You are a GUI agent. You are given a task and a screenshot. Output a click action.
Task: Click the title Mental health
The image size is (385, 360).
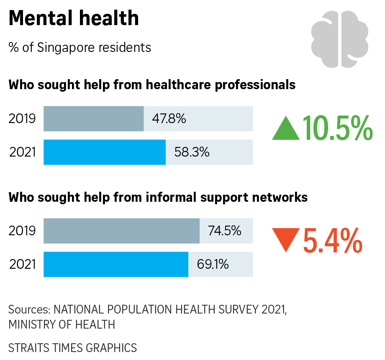point(74,18)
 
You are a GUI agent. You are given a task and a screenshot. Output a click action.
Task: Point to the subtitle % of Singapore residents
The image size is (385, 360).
point(80,47)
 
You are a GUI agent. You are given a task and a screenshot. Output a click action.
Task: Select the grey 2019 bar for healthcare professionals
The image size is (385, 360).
point(94,119)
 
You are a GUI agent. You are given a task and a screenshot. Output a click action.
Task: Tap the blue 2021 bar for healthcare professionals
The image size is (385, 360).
point(105,152)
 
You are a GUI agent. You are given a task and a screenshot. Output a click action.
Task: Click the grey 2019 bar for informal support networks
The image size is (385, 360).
point(121,231)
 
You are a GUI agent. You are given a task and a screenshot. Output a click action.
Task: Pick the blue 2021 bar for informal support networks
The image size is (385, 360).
point(116,264)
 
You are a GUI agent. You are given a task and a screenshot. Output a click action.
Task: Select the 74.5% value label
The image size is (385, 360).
point(225,231)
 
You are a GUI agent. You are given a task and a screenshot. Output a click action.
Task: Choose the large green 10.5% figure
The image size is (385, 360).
point(337,128)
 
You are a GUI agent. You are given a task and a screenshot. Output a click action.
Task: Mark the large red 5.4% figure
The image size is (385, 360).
point(332,240)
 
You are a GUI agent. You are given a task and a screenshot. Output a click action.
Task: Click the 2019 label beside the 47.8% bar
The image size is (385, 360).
point(22,119)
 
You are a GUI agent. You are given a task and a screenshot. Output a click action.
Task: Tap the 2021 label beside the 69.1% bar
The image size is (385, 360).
point(22,264)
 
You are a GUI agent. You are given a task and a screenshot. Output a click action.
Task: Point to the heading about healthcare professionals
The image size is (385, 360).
point(152,85)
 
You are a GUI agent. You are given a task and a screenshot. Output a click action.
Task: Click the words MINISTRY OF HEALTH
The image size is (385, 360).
point(62,324)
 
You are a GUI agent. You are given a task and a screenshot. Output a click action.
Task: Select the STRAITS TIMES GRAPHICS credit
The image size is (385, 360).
point(73,347)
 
